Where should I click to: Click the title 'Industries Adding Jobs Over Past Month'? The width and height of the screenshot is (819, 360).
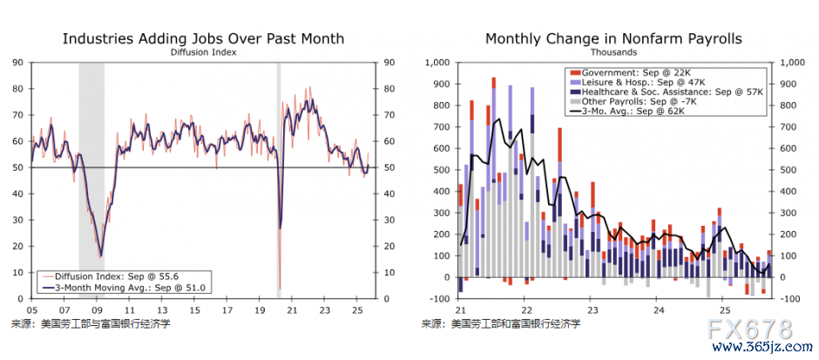pyautogui.click(x=203, y=38)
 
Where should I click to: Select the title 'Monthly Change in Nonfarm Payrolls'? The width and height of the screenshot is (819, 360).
pyautogui.click(x=613, y=38)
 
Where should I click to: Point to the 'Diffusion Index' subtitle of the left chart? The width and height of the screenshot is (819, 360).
pyautogui.click(x=203, y=52)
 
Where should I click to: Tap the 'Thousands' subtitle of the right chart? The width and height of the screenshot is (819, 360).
pyautogui.click(x=613, y=52)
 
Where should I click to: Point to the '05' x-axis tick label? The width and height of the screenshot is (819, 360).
pyautogui.click(x=31, y=309)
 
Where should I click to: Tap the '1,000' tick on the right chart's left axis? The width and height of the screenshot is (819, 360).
pyautogui.click(x=436, y=62)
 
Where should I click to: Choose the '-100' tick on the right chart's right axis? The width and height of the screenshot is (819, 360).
pyautogui.click(x=791, y=299)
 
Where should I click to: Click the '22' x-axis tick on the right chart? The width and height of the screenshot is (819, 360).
pyautogui.click(x=526, y=309)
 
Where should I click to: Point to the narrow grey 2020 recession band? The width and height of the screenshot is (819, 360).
pyautogui.click(x=279, y=174)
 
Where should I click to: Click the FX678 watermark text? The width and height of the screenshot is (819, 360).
pyautogui.click(x=750, y=329)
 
